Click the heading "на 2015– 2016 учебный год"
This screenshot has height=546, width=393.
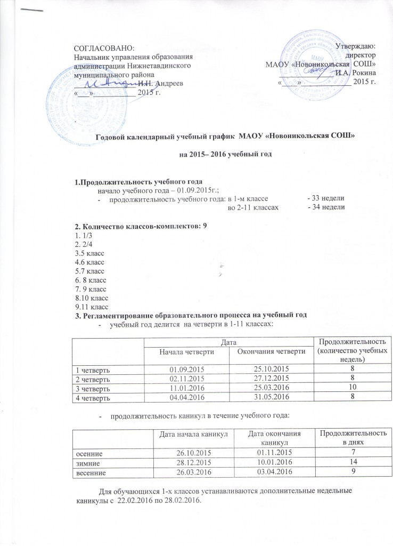click(x=225, y=155)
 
